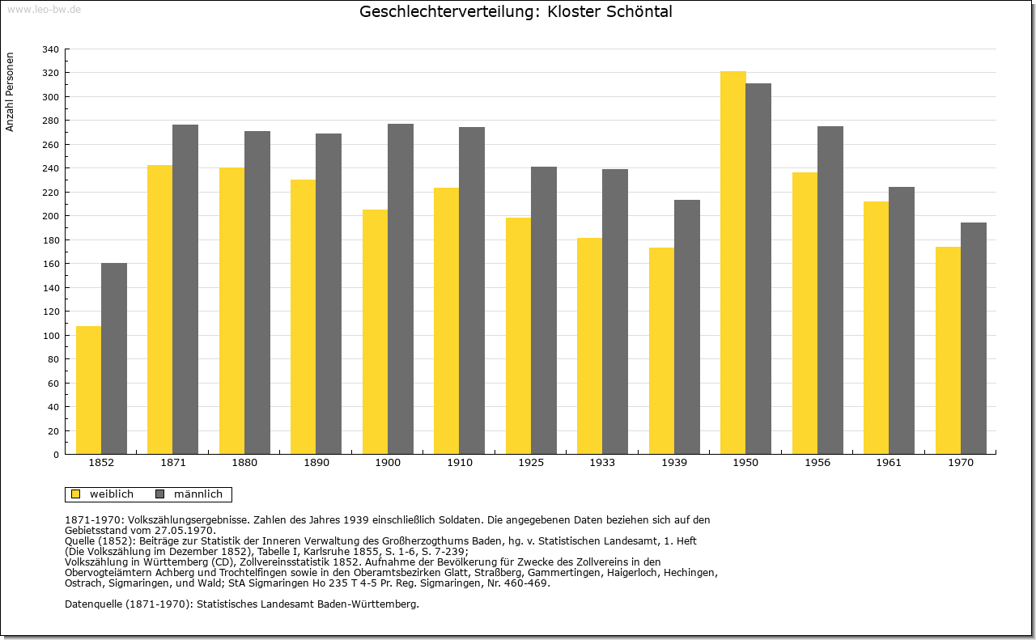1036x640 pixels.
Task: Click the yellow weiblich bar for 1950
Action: (732, 263)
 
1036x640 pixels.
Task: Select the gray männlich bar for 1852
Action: (114, 358)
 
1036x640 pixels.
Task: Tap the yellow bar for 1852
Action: (88, 390)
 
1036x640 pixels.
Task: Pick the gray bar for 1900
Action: (401, 289)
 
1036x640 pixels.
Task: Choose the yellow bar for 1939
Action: (661, 350)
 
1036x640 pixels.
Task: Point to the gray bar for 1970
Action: (974, 338)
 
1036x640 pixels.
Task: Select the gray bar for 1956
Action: (830, 290)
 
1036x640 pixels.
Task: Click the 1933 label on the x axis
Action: (602, 463)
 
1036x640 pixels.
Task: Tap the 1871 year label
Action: (173, 463)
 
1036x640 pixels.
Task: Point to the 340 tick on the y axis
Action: (50, 49)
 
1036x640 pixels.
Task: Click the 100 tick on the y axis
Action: (50, 336)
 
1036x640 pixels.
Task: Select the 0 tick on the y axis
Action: (57, 455)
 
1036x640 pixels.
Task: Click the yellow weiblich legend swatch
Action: (76, 494)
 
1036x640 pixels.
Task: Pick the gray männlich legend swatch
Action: (159, 494)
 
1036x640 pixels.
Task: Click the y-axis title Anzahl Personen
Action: (11, 92)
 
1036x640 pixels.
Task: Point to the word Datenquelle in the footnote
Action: (93, 604)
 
